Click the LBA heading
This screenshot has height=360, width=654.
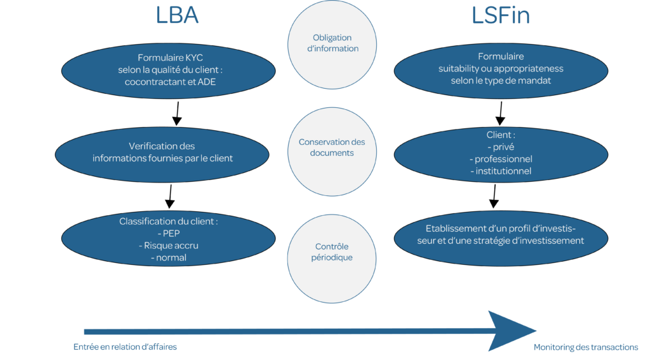click(x=177, y=15)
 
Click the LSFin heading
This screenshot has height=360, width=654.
click(x=501, y=15)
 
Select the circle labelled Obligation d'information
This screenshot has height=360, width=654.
click(x=331, y=43)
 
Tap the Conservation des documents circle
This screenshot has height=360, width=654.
click(x=331, y=147)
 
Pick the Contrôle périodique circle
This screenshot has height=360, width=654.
click(x=331, y=252)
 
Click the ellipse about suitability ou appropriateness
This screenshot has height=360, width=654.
click(x=501, y=69)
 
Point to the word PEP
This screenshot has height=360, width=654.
click(x=171, y=234)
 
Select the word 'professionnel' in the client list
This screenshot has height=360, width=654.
click(x=501, y=159)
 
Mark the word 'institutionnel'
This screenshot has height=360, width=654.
click(x=501, y=171)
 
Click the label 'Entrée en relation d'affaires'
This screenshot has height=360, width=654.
click(x=125, y=347)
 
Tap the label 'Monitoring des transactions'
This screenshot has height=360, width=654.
click(x=586, y=347)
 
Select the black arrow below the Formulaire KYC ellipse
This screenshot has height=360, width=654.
click(x=177, y=112)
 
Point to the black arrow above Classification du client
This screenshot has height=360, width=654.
click(x=170, y=197)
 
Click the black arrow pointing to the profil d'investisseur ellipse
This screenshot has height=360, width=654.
click(x=494, y=197)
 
